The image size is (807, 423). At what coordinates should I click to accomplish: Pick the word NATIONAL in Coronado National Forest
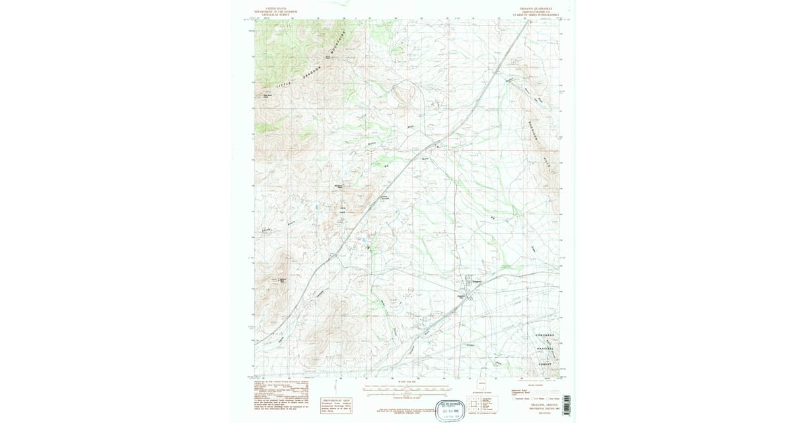tap(545, 348)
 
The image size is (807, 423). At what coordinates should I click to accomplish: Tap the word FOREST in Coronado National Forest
tap(545, 363)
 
